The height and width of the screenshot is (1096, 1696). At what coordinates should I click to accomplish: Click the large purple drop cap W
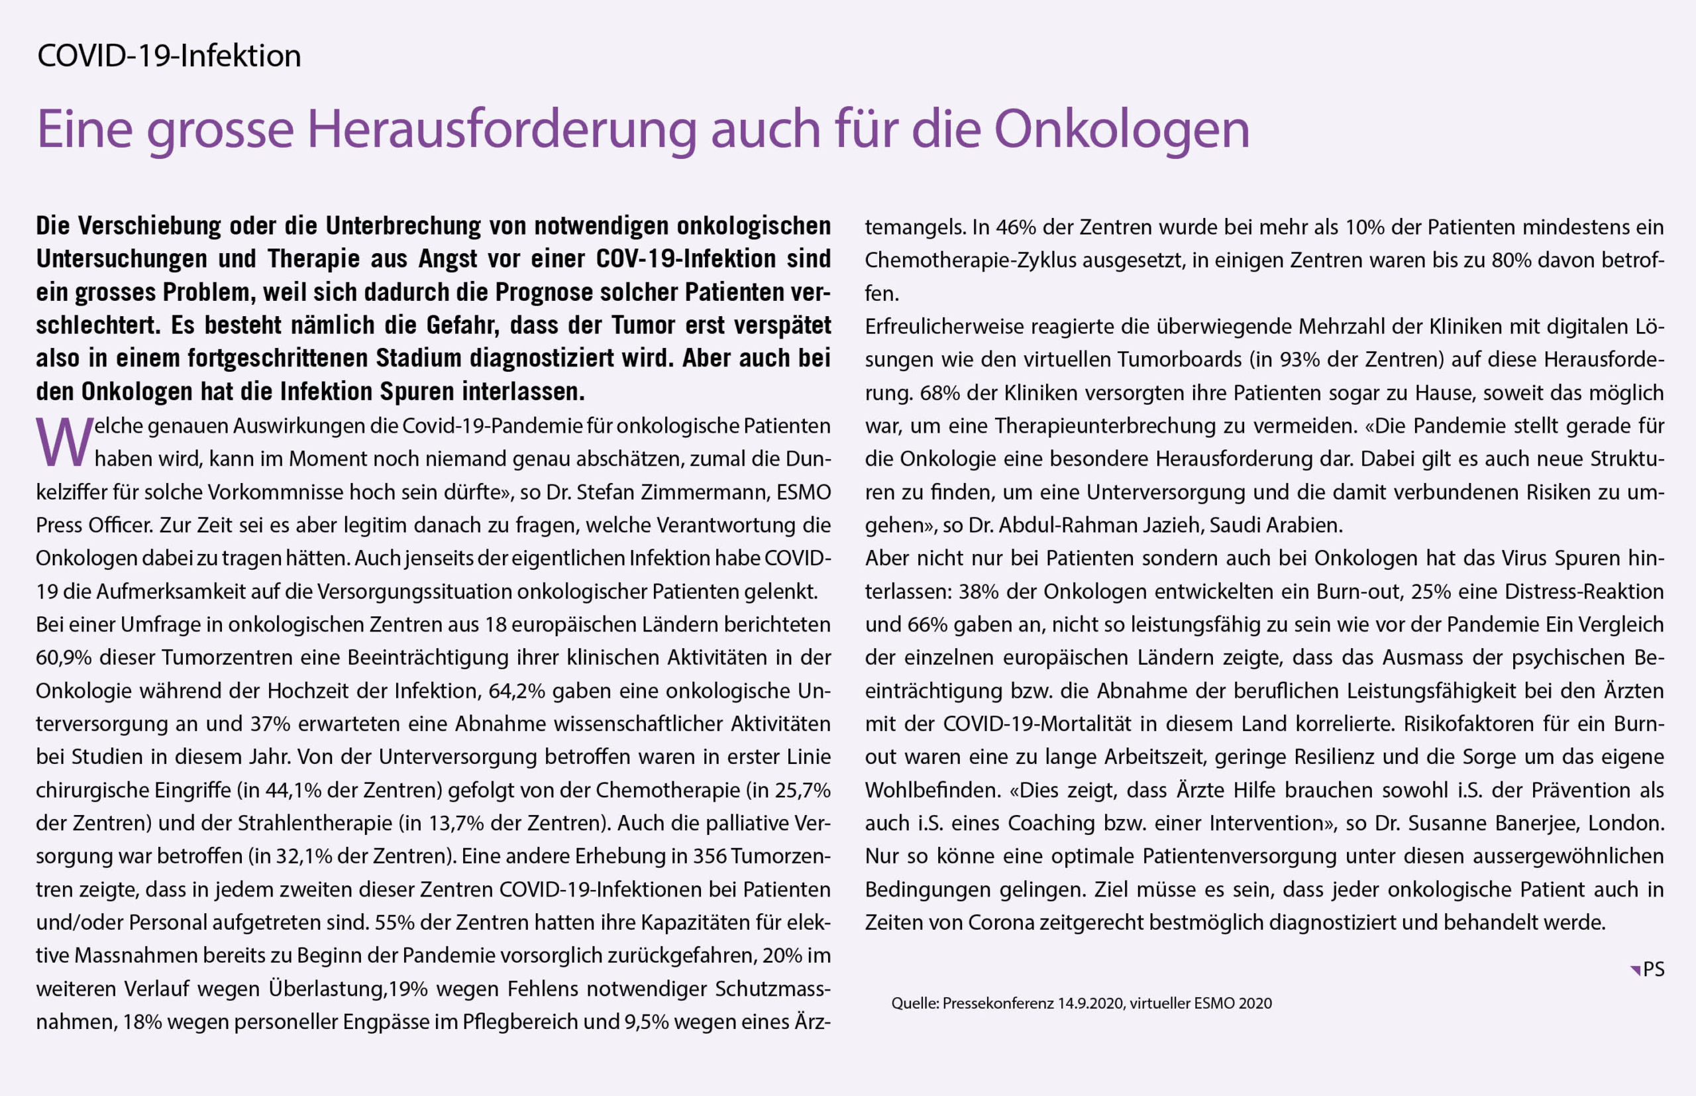(x=64, y=443)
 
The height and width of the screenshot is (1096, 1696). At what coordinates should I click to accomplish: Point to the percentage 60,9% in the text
(x=64, y=657)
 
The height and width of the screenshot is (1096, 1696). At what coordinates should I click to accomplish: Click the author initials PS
(x=1654, y=969)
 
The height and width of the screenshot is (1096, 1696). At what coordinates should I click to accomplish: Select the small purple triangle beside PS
(x=1635, y=970)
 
